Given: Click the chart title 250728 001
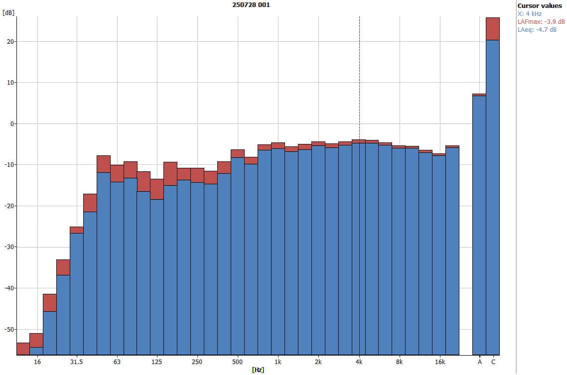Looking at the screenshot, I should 252,5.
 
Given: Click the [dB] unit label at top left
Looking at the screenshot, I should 8,13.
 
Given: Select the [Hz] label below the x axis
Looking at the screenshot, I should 258,370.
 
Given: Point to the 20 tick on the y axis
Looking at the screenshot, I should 9,41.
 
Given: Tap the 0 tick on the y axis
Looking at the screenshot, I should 11,124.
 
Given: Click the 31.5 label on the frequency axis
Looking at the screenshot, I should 76,362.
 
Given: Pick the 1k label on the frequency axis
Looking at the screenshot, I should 278,362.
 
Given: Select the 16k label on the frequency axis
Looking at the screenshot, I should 439,362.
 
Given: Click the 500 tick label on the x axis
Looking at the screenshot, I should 237,362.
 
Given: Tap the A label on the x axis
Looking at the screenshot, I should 480,362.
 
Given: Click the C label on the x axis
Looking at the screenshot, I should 493,362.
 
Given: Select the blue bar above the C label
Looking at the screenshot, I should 493,199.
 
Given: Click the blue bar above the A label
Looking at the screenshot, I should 479,224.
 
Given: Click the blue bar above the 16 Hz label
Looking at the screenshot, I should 36,351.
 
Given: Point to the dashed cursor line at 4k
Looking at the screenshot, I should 359,75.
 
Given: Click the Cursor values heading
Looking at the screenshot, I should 540,5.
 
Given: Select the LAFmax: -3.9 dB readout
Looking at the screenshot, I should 541,21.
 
